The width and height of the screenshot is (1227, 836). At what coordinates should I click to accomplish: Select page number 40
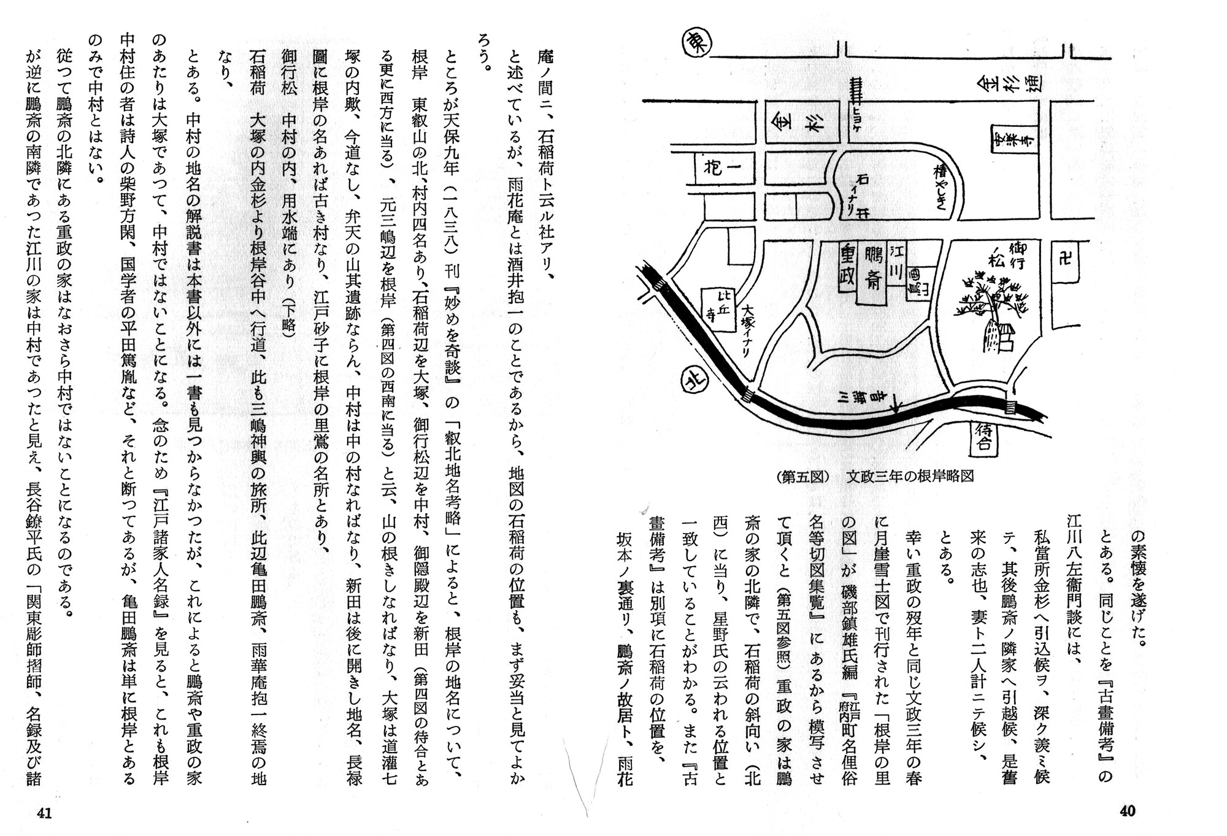[1127, 811]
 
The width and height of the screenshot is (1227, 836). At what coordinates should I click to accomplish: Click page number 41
[44, 813]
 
